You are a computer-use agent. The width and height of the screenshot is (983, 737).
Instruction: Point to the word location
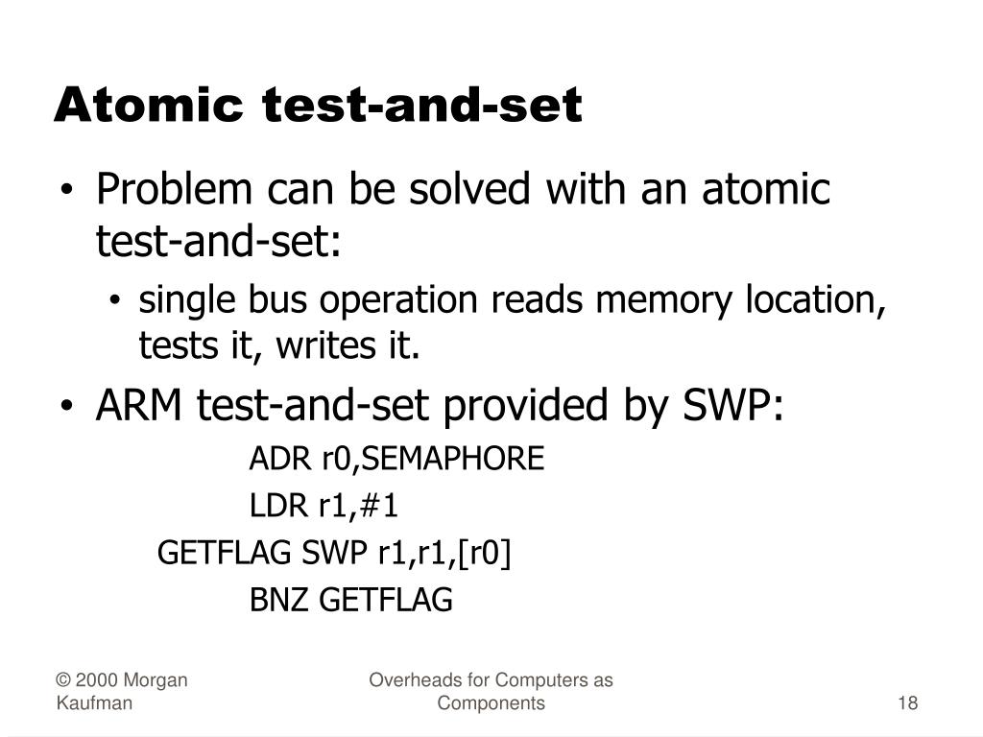point(816,300)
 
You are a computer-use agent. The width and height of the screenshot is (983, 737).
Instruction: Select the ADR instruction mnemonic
point(272,460)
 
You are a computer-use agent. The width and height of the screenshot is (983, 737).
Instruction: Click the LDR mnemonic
point(272,506)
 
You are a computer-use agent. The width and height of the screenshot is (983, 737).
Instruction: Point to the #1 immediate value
point(380,506)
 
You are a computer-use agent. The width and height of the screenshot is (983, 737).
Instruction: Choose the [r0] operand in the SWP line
point(485,553)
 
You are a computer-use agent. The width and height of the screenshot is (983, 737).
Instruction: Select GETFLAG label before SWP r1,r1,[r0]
point(226,553)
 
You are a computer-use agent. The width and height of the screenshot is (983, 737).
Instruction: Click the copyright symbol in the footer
point(62,681)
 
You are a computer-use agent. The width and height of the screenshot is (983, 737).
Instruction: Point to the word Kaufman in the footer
point(93,703)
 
